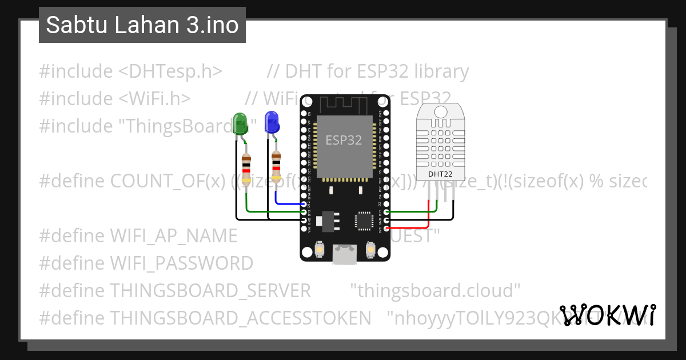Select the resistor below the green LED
(246, 169)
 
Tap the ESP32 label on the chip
(344, 140)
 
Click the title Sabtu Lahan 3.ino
(142, 25)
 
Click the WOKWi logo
(607, 315)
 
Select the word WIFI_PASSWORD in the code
(181, 263)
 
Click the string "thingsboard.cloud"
(434, 290)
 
